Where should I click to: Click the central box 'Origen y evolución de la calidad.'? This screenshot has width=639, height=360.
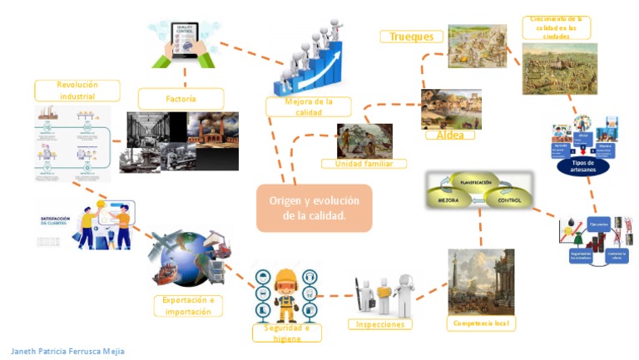click(x=314, y=208)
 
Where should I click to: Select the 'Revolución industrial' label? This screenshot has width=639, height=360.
click(x=77, y=90)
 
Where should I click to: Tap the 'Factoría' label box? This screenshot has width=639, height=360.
click(x=181, y=99)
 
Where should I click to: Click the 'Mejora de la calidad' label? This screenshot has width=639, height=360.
click(x=308, y=106)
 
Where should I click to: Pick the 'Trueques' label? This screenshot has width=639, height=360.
click(x=412, y=37)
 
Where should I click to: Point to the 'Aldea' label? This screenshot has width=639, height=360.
click(x=450, y=135)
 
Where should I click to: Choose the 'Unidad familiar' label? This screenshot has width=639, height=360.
click(x=364, y=164)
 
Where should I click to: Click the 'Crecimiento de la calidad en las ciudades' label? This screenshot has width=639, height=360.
click(x=557, y=27)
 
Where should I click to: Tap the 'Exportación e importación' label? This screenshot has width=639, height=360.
click(x=188, y=305)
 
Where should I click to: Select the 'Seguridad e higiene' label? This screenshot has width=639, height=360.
click(x=285, y=333)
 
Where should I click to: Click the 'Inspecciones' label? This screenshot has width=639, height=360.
click(x=381, y=324)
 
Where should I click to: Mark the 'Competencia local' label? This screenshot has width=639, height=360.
click(x=481, y=323)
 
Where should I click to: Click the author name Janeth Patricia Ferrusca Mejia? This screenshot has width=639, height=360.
click(x=68, y=351)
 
